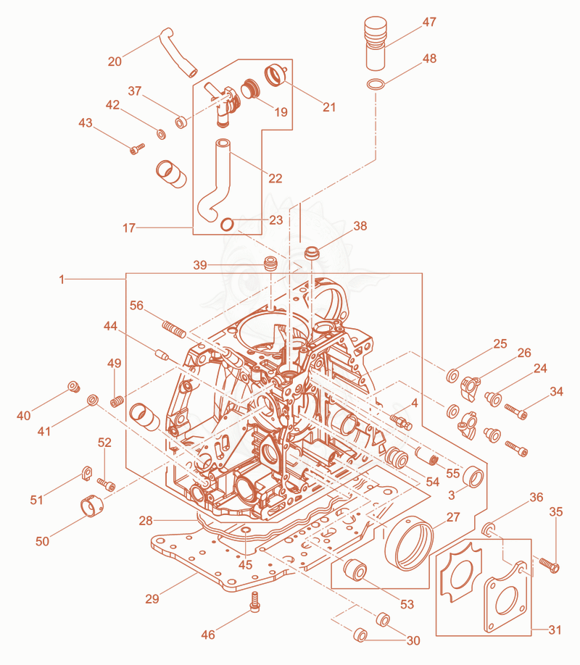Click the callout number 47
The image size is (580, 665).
(x=429, y=22)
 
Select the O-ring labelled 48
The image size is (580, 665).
(x=376, y=85)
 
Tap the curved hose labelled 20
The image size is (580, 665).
(x=178, y=52)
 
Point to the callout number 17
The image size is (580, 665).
(x=128, y=228)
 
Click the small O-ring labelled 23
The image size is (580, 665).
(x=227, y=224)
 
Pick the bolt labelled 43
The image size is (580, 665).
(x=137, y=149)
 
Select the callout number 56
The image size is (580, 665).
(x=136, y=306)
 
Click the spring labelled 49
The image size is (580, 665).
(x=117, y=401)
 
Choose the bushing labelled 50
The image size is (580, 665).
(x=92, y=505)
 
